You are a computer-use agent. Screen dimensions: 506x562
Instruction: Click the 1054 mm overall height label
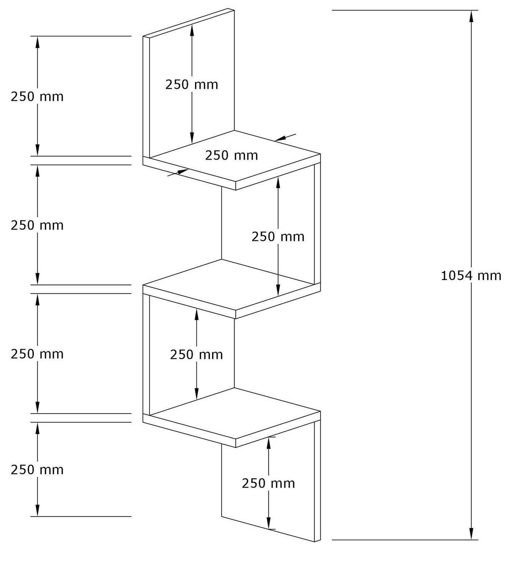471,276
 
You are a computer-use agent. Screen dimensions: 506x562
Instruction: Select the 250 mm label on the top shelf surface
232,155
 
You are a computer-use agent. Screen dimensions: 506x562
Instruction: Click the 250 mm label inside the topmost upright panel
192,85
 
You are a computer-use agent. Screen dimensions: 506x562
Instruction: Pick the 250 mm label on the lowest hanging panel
268,483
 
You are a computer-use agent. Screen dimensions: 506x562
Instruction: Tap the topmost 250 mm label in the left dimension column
37,97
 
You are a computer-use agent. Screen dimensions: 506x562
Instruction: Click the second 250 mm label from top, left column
37,225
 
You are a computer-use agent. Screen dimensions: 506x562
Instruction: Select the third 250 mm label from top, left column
37,354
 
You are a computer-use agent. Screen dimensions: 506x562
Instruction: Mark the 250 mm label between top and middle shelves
278,237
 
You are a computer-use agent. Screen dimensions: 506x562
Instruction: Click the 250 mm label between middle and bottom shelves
196,355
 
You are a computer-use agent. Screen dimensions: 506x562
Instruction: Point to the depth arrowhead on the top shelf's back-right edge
280,138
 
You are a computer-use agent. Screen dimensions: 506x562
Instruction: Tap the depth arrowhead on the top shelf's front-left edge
182,172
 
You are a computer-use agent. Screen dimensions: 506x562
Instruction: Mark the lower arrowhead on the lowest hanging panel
268,523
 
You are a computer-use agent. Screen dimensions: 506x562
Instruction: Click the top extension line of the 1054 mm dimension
405,10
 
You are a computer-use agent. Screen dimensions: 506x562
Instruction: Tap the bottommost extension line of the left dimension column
81,516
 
